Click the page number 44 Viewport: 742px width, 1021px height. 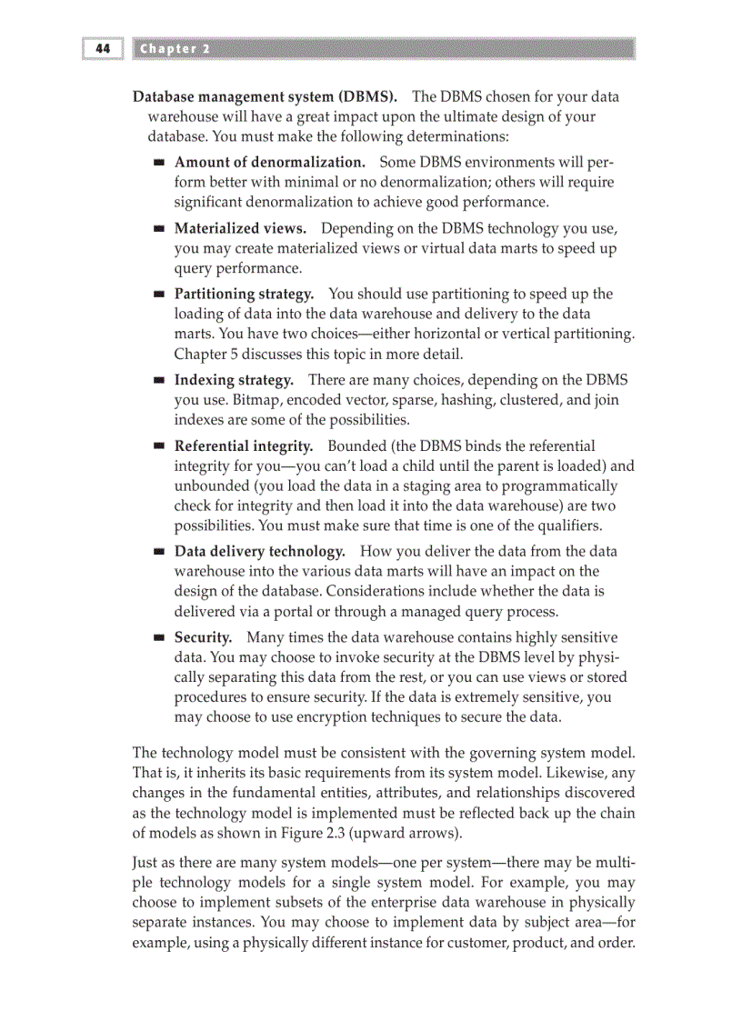[x=102, y=49]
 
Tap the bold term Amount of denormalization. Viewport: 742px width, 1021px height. [x=269, y=163]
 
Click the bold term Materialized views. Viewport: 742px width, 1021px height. [x=240, y=228]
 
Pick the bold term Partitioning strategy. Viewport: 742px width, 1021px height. [x=244, y=294]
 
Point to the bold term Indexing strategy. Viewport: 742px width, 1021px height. [x=234, y=380]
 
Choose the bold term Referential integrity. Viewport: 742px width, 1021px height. [x=244, y=446]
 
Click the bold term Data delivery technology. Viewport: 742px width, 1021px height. [x=259, y=552]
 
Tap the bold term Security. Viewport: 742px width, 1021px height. [x=203, y=638]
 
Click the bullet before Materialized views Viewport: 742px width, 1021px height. [x=158, y=229]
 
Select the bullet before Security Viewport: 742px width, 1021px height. [x=158, y=639]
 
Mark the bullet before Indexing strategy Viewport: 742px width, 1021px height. [x=158, y=381]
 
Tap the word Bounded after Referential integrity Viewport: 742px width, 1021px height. [x=357, y=446]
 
